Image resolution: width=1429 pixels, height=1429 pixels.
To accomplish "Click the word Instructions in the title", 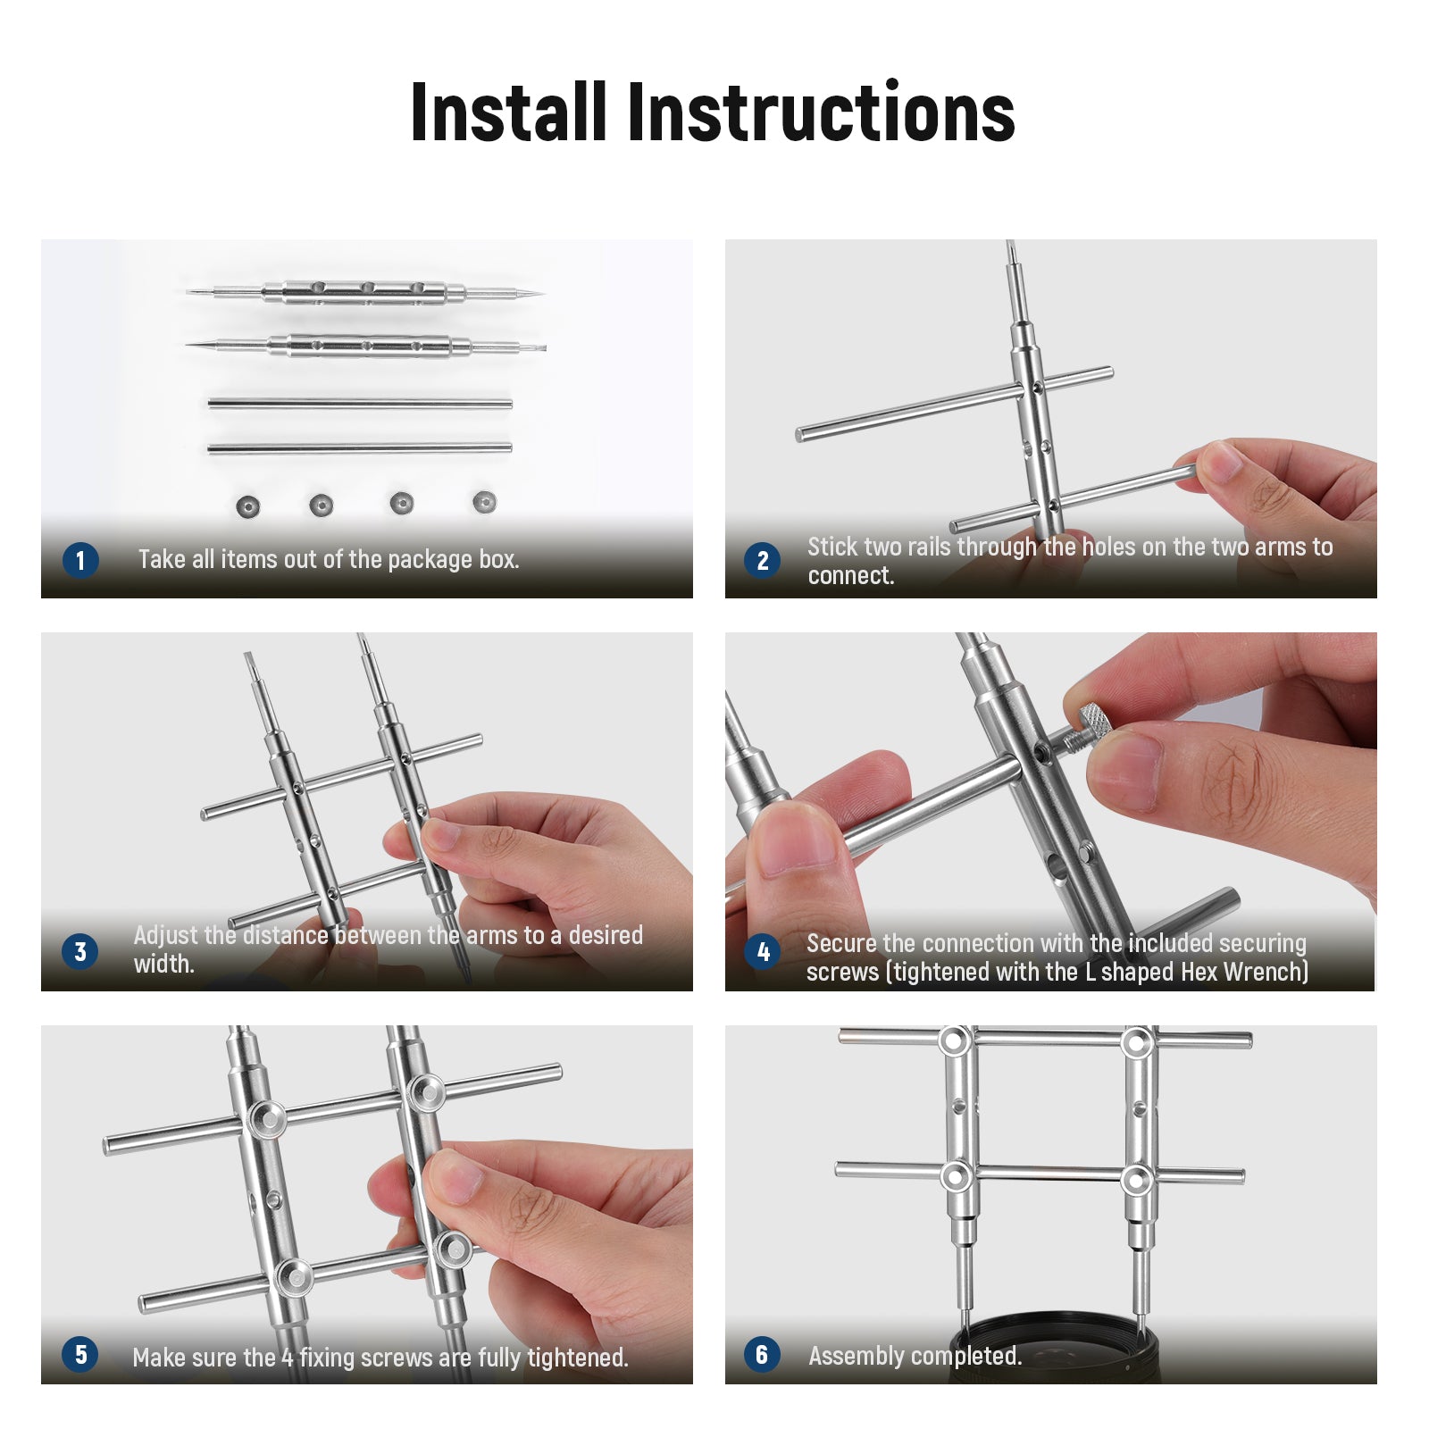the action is [822, 112].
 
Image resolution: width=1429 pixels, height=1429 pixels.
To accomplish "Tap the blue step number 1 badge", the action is [80, 560].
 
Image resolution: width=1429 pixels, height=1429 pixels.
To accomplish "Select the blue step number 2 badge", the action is [762, 560].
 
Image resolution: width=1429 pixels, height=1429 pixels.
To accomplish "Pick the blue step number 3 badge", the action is [80, 951].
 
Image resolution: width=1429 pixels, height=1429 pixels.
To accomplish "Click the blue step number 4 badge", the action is [762, 951].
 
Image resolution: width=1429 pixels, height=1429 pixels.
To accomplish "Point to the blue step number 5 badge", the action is [80, 1354].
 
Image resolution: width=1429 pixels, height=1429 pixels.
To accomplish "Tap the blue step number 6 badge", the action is [762, 1354].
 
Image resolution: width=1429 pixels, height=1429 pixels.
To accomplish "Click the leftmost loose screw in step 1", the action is [248, 506].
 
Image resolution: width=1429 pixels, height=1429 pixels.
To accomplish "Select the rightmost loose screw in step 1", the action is [484, 502].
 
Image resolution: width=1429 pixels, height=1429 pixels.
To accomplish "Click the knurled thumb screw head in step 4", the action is [1095, 720].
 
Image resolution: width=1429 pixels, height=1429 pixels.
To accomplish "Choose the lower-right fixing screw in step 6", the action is [1136, 1179].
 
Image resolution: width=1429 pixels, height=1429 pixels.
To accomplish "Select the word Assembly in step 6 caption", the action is [853, 1356].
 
